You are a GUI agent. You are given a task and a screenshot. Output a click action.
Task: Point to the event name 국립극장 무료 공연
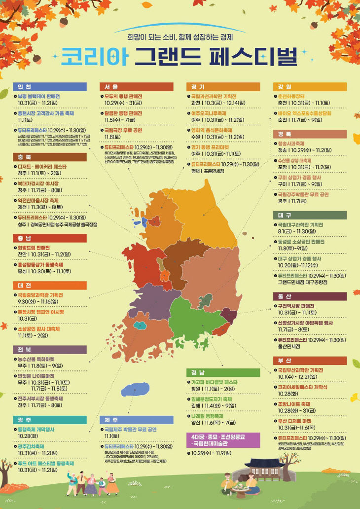tap(123, 130)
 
